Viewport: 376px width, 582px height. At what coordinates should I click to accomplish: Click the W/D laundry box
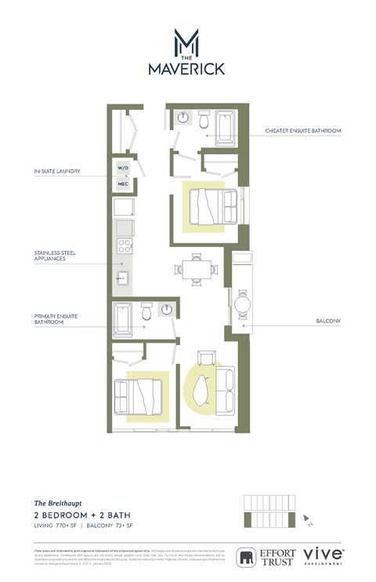pyautogui.click(x=123, y=169)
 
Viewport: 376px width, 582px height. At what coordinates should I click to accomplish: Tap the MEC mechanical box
pyautogui.click(x=123, y=184)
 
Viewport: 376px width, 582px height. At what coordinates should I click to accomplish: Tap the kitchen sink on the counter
pyautogui.click(x=123, y=278)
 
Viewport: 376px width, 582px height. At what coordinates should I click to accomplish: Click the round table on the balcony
pyautogui.click(x=243, y=302)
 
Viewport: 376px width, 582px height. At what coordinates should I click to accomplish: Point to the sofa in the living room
pyautogui.click(x=226, y=389)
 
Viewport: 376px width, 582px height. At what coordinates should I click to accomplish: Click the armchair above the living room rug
pyautogui.click(x=205, y=358)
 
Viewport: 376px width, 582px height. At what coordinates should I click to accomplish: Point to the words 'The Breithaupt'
pyautogui.click(x=53, y=502)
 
